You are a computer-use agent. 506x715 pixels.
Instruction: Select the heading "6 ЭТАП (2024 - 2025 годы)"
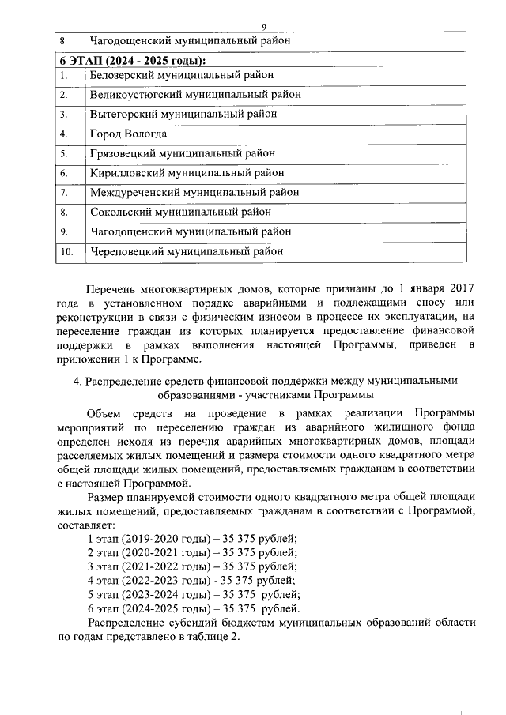pos(133,60)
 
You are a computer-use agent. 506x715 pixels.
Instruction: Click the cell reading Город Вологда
pos(128,134)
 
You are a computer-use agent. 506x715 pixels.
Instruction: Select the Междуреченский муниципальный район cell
pos(194,192)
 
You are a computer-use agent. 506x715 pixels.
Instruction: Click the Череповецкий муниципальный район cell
pos(187,251)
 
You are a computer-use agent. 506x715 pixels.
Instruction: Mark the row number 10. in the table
pos(67,252)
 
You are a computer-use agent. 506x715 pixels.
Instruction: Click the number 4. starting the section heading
pos(78,381)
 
